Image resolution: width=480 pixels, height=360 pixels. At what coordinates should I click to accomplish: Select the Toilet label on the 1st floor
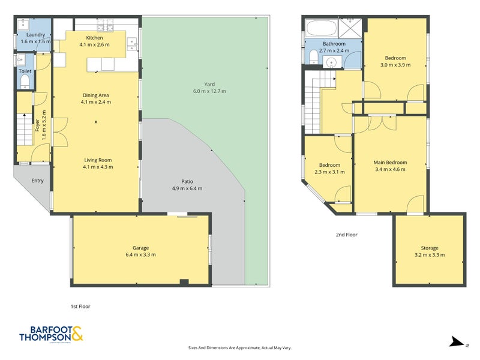[x=25, y=71]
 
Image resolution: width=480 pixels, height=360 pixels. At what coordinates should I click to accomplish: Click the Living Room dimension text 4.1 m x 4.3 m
[x=98, y=167]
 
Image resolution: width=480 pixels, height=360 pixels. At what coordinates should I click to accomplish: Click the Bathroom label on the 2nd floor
[x=334, y=44]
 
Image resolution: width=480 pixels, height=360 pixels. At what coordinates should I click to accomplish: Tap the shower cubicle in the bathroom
[x=350, y=28]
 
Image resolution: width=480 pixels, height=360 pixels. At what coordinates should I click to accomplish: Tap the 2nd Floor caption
[x=346, y=235]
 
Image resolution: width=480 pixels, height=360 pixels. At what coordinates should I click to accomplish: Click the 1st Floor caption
[x=80, y=306]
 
